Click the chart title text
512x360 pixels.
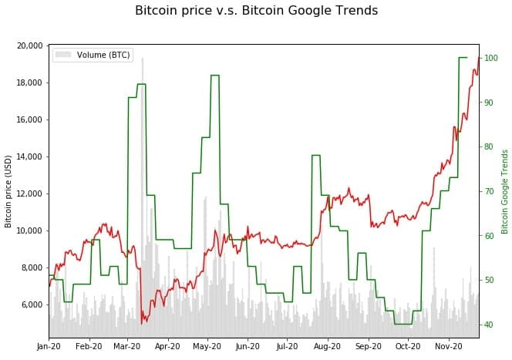256,11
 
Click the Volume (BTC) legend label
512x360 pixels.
103,55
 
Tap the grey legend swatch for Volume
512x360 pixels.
63,55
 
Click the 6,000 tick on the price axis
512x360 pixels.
32,304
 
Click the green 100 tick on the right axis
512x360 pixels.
491,57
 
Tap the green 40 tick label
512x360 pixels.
489,325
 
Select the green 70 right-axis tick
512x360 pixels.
489,191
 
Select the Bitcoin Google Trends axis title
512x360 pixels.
505,191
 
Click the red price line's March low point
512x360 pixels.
142,322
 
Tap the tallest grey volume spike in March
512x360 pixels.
142,62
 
